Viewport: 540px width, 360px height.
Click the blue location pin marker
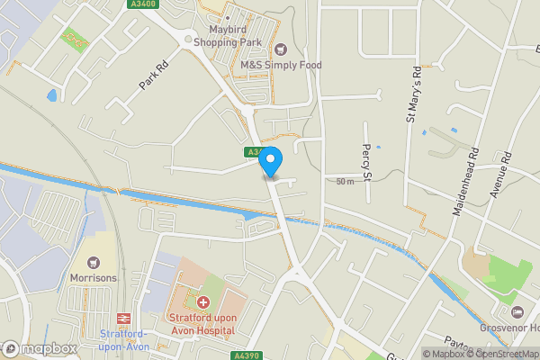271,161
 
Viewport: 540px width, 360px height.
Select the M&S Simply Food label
281,65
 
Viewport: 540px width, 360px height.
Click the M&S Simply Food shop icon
281,49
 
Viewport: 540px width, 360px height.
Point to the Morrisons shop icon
93,262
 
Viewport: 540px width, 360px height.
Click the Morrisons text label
94,278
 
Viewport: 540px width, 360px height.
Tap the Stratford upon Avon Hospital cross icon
203,302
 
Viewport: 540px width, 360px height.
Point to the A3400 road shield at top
139,4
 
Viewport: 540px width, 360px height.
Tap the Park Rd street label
154,75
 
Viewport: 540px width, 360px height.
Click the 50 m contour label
345,182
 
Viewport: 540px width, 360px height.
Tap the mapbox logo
39,348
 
